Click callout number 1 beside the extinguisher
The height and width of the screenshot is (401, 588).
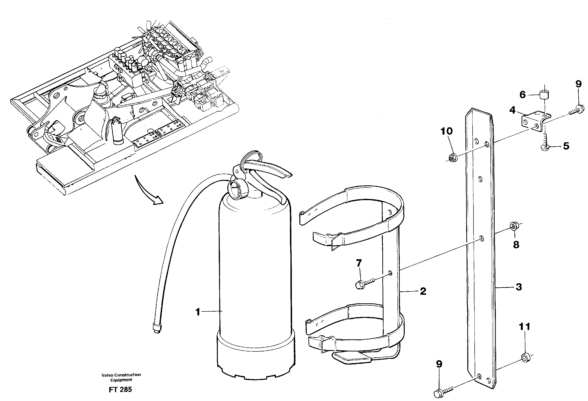[x=198, y=312]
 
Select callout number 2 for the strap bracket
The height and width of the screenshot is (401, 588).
[x=423, y=291]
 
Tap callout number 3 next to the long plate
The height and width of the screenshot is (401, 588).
[x=518, y=287]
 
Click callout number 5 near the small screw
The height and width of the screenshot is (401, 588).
[x=566, y=146]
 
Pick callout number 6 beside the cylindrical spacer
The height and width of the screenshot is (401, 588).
[x=523, y=95]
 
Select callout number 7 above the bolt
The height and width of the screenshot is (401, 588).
[x=359, y=263]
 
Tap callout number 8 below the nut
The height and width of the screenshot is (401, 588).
[x=516, y=244]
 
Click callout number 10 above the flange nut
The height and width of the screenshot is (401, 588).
[x=447, y=131]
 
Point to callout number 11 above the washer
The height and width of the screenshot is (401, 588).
[x=524, y=327]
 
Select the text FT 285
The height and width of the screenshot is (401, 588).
[x=120, y=390]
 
